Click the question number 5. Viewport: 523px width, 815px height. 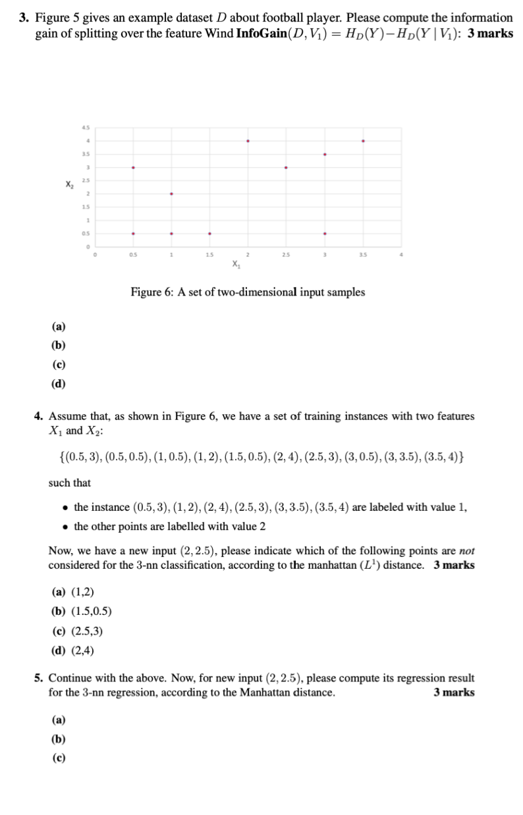coord(39,677)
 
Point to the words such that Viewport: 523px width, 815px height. coord(70,483)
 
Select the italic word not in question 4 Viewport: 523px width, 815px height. coord(467,550)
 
